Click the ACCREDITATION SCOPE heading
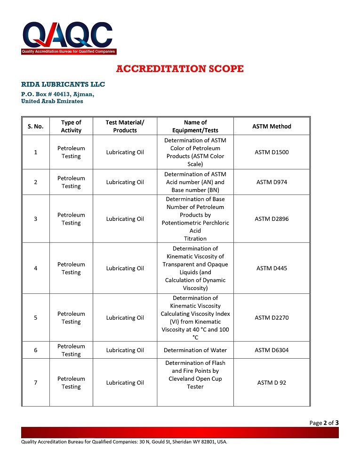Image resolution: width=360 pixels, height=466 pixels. click(180, 69)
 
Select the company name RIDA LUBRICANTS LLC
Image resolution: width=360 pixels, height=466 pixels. click(63, 84)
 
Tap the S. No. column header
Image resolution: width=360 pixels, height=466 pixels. click(35, 126)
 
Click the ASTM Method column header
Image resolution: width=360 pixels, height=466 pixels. click(272, 126)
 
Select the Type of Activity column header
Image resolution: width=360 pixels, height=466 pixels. click(71, 126)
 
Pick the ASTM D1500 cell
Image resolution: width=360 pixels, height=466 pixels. click(272, 152)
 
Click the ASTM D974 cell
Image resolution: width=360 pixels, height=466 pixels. click(272, 182)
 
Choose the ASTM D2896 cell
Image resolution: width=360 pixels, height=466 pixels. click(272, 219)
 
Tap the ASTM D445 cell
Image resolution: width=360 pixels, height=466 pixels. click(272, 268)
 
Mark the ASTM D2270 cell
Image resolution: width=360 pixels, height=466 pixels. click(272, 318)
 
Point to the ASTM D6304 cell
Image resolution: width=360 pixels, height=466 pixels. click(272, 350)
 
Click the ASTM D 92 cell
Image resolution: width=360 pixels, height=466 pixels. click(272, 383)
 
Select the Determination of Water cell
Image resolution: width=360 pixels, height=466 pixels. click(195, 350)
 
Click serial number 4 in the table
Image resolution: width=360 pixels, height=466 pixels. click(36, 268)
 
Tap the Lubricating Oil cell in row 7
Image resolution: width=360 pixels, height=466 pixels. click(125, 383)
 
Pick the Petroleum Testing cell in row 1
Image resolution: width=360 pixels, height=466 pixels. click(71, 152)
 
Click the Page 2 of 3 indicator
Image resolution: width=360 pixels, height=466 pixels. click(324, 423)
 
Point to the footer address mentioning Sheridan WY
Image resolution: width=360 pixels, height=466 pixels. click(124, 442)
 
